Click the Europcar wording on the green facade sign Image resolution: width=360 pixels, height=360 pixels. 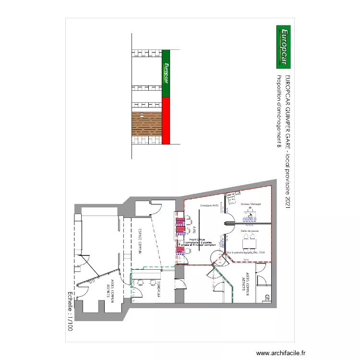(x=167, y=73)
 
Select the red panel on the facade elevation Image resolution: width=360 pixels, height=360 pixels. (x=166, y=120)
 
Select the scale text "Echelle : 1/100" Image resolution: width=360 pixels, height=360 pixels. (x=70, y=312)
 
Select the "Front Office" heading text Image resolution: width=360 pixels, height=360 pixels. (x=197, y=239)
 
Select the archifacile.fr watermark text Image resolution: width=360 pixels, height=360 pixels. (x=281, y=353)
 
